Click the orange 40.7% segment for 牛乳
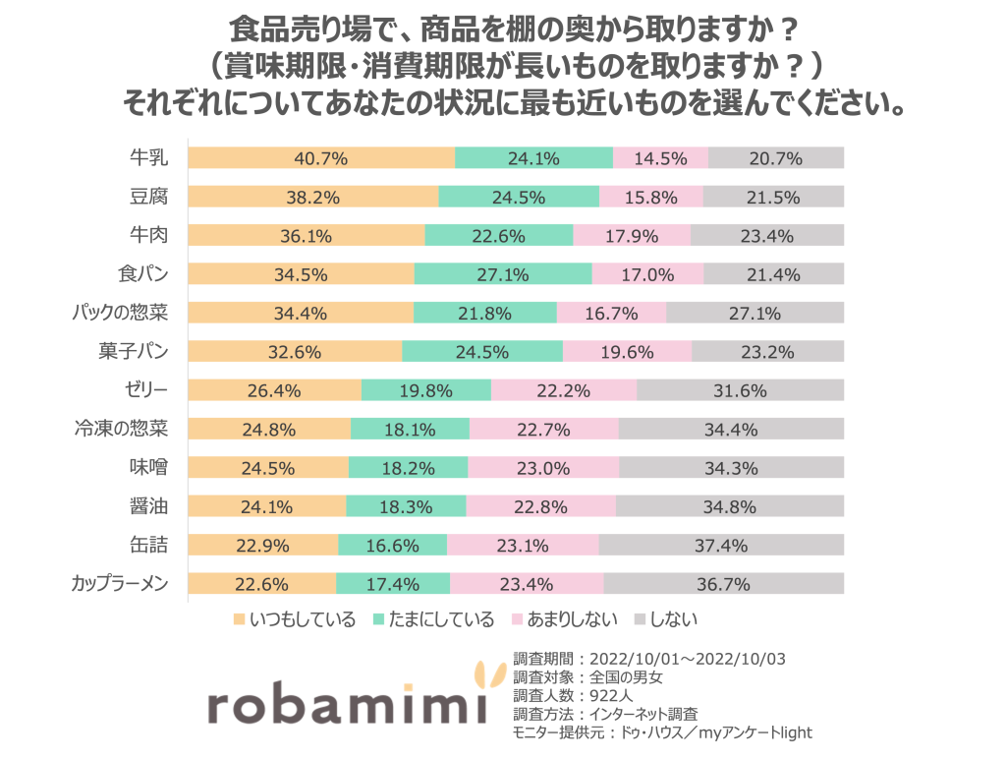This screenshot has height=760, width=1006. tap(321, 157)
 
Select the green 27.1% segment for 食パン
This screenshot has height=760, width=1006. tap(503, 273)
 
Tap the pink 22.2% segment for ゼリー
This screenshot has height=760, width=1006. tap(563, 389)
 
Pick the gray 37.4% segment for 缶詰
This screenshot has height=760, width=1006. tap(721, 545)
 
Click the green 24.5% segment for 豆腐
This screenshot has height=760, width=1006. tap(519, 197)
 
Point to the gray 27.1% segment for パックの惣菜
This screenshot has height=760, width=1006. tap(754, 313)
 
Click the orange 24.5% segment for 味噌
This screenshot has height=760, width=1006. tap(268, 467)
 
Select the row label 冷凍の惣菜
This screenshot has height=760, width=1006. tap(122, 429)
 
